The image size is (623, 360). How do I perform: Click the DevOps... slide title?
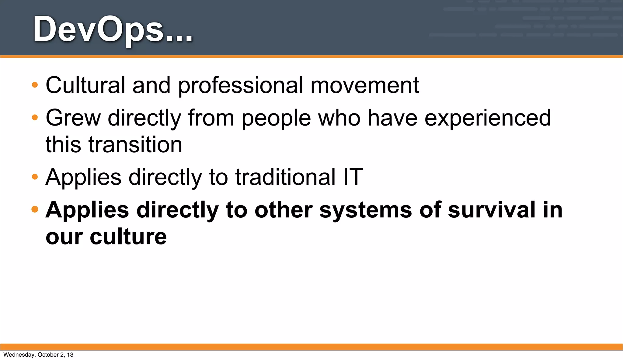pos(113,29)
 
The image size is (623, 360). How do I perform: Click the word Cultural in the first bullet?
pos(85,85)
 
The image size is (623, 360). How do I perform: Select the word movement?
pos(364,85)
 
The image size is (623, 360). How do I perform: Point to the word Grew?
pos(73,118)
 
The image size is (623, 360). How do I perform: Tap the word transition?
pos(135,144)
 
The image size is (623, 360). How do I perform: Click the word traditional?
pos(285,177)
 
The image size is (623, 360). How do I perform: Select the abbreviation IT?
pos(353,177)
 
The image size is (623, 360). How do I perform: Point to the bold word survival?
pos(492,210)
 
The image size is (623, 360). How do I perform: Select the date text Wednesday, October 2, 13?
pos(38,355)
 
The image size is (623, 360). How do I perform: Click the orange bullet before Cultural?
pos(35,85)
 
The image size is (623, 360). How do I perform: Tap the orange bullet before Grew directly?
pos(35,117)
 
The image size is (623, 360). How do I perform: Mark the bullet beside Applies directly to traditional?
pos(35,177)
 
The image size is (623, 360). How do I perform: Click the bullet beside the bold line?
pos(35,209)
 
